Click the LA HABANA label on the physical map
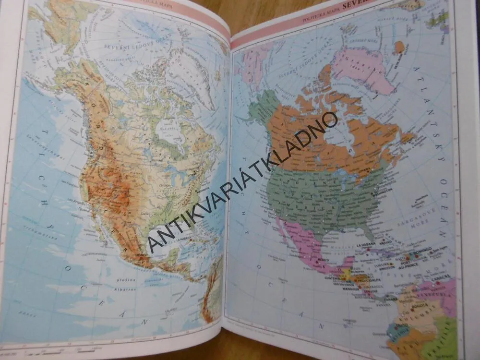pyautogui.click(x=185, y=239)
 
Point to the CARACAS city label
pyautogui.click(x=441, y=277)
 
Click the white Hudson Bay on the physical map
pyautogui.click(x=170, y=130)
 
